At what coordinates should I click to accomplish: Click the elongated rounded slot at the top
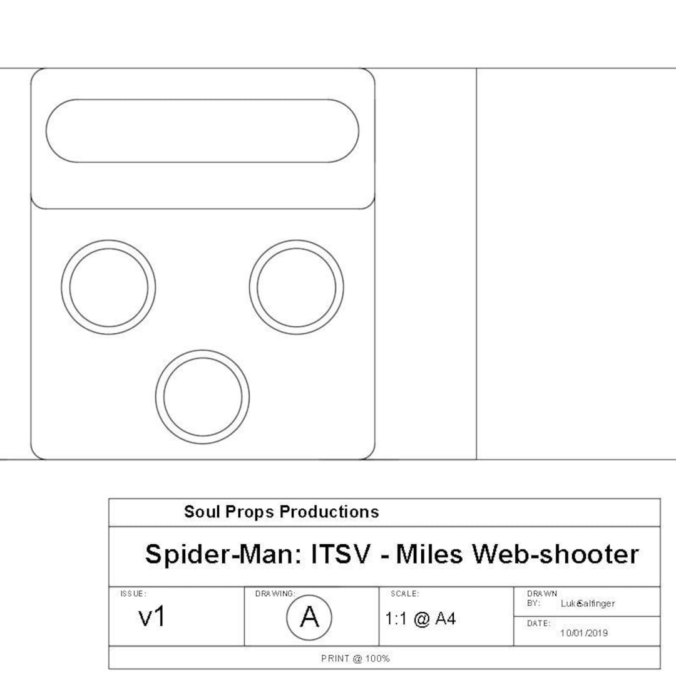[202, 131]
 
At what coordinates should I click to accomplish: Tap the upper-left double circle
[108, 287]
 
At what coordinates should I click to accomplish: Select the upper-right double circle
[296, 287]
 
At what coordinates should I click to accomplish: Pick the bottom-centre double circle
[202, 397]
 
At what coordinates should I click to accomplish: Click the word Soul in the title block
[200, 512]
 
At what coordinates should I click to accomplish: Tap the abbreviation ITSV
[342, 555]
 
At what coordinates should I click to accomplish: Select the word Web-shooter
[555, 555]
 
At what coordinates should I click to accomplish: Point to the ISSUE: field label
[133, 594]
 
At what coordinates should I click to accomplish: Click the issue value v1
[152, 618]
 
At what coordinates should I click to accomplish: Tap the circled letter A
[309, 618]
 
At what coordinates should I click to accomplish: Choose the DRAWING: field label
[275, 594]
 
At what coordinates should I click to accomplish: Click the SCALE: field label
[404, 594]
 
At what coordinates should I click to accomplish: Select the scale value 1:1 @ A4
[421, 619]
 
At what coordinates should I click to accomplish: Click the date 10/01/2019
[583, 633]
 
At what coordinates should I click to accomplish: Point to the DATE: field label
[538, 624]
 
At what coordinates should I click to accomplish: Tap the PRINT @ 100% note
[355, 658]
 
